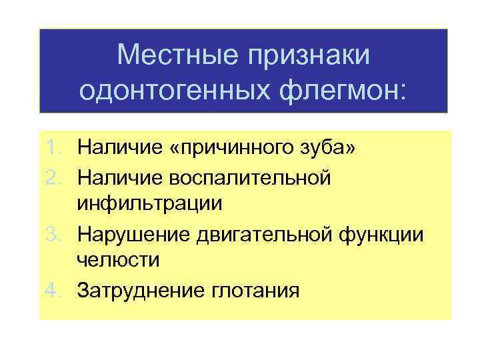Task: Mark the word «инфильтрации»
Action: [x=149, y=204]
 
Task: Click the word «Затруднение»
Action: [x=144, y=290]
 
